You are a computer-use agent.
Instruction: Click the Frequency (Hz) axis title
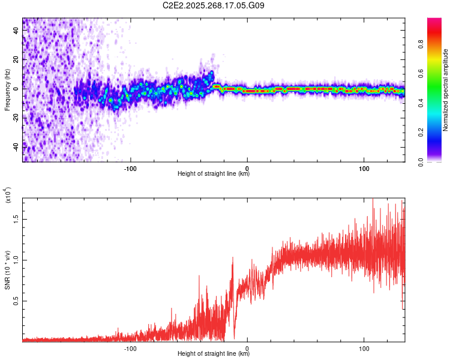click(7, 90)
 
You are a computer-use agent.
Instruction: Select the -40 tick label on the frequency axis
click(16, 146)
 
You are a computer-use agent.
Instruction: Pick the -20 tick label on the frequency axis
click(16, 118)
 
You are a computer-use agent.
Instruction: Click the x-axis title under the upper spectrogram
click(214, 173)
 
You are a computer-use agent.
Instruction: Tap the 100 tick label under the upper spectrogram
click(364, 167)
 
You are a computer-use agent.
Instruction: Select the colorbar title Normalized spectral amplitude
click(445, 90)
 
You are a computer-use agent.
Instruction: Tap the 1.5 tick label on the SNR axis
click(16, 219)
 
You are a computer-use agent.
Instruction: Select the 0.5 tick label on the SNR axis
click(16, 301)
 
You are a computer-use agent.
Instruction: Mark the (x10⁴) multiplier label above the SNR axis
click(7, 196)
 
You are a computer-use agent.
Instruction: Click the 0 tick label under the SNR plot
click(247, 347)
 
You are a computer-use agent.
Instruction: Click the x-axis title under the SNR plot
click(214, 353)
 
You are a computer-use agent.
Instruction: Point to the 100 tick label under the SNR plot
click(364, 347)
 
